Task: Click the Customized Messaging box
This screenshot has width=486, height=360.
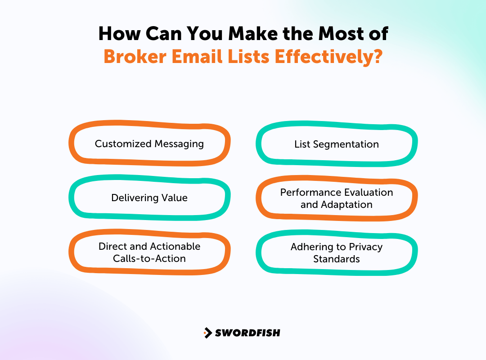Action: [x=149, y=144]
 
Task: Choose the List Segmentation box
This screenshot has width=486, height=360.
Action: [x=337, y=144]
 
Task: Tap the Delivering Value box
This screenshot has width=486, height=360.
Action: [x=149, y=198]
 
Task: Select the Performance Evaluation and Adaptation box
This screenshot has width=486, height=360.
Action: [x=337, y=198]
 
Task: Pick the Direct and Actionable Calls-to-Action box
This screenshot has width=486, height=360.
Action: [x=149, y=252]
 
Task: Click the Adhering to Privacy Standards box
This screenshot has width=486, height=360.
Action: [x=337, y=253]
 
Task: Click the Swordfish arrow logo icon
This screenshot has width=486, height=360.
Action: [x=208, y=333]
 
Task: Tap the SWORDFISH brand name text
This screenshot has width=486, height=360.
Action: [x=247, y=333]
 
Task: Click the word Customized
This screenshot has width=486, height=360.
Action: [x=123, y=144]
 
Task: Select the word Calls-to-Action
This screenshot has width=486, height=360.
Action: [x=149, y=258]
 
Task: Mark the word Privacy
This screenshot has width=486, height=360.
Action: [x=365, y=247]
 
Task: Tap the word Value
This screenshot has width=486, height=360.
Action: [x=175, y=198]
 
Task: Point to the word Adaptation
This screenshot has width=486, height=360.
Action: [x=346, y=204]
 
